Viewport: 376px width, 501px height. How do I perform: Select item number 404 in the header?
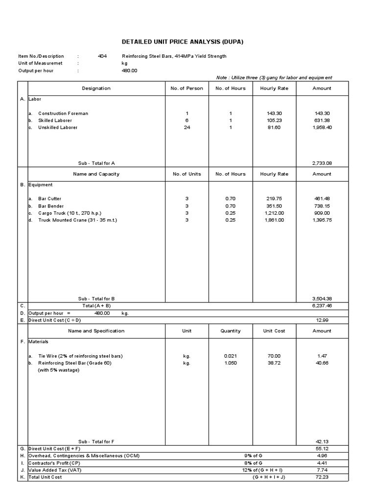[x=102, y=56]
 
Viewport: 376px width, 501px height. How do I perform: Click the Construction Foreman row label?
[x=63, y=114]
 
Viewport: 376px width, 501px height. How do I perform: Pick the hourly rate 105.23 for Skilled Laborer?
[x=274, y=120]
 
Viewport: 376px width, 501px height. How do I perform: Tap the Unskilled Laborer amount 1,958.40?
[x=322, y=127]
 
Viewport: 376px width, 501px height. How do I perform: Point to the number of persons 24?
[x=187, y=127]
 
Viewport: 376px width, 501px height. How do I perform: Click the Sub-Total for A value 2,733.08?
[x=322, y=163]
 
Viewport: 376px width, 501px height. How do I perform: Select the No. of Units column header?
[x=187, y=174]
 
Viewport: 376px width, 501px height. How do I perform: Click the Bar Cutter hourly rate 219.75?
[x=274, y=199]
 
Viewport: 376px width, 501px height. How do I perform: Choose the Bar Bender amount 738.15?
[x=322, y=206]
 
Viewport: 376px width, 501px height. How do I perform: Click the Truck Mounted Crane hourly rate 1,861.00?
[x=274, y=220]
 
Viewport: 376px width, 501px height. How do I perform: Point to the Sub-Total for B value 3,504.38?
[x=322, y=298]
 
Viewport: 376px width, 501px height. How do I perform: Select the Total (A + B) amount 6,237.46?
[x=322, y=305]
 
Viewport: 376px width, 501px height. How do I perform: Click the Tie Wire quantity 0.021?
[x=231, y=356]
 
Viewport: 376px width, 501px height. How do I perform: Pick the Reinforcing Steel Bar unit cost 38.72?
[x=274, y=363]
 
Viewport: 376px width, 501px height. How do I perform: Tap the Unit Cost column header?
[x=274, y=331]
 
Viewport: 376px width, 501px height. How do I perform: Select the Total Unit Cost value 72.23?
[x=322, y=477]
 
